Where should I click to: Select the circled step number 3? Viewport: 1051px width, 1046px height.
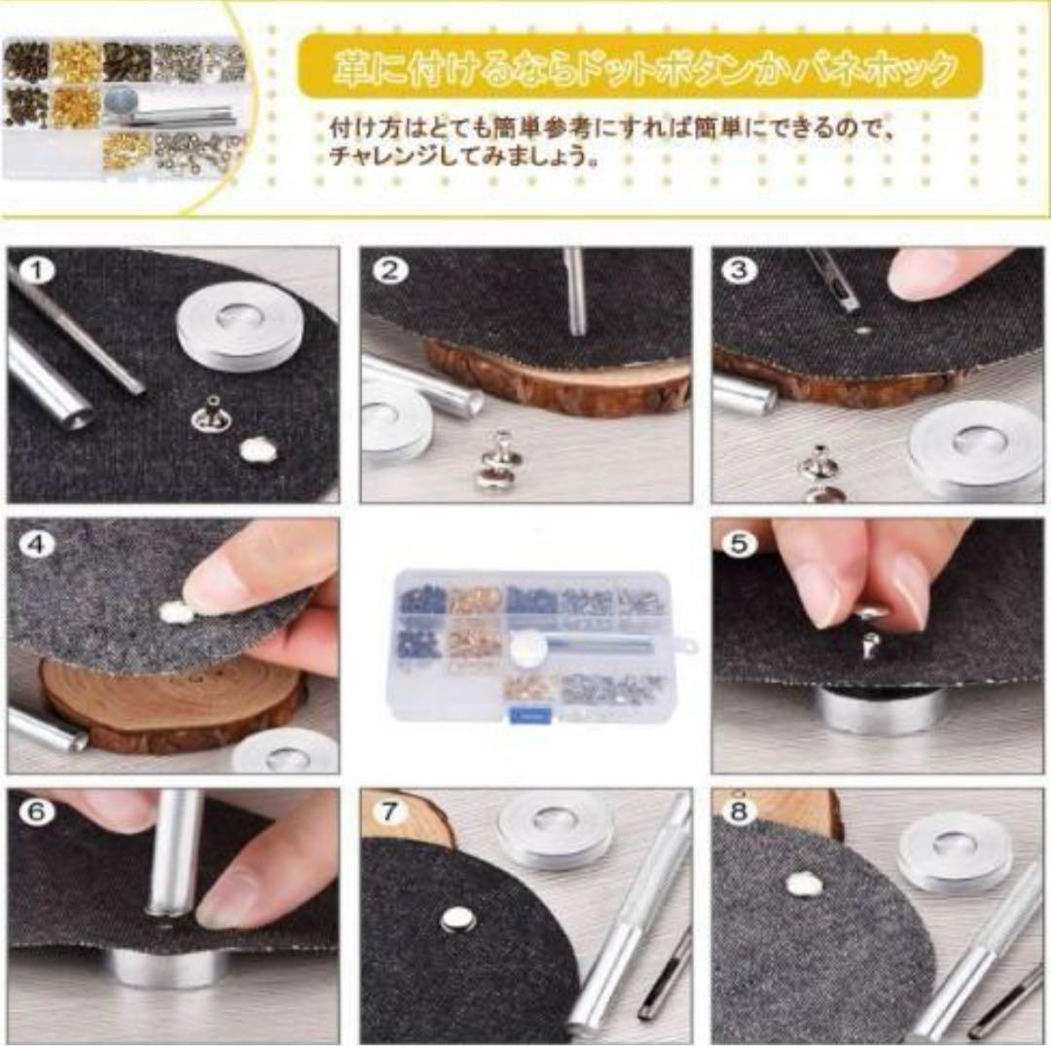pyautogui.click(x=741, y=271)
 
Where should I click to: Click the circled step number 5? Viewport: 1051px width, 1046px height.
pyautogui.click(x=741, y=544)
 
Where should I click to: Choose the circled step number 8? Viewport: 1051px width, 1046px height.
pyautogui.click(x=741, y=812)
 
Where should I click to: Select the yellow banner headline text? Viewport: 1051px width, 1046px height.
pyautogui.click(x=643, y=68)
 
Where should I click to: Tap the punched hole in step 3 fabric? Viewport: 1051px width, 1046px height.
pyautogui.click(x=862, y=330)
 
